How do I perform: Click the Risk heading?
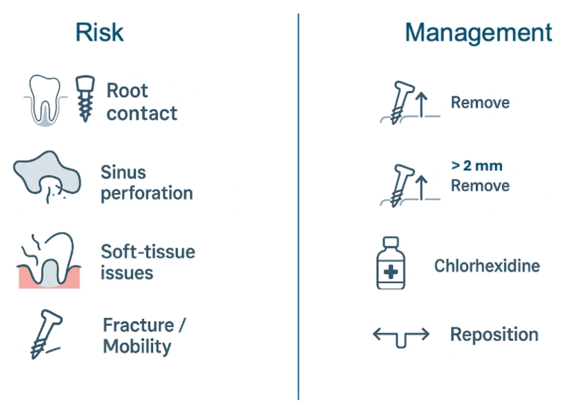click(100, 32)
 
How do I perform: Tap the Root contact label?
click(142, 102)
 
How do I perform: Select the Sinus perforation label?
click(147, 183)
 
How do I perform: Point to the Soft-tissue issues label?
click(148, 262)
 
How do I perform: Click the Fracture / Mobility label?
click(144, 336)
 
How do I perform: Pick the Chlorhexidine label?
click(487, 266)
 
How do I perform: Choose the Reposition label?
click(495, 334)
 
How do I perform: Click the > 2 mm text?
click(477, 166)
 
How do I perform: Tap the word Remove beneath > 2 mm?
click(480, 186)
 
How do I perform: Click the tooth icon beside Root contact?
click(45, 101)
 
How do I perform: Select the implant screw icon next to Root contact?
click(85, 99)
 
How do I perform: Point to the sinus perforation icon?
click(47, 176)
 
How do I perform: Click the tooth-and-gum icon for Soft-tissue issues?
click(49, 260)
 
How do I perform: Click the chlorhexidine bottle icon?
click(391, 263)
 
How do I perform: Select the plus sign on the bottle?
click(391, 272)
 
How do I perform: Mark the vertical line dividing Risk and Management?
click(298, 207)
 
